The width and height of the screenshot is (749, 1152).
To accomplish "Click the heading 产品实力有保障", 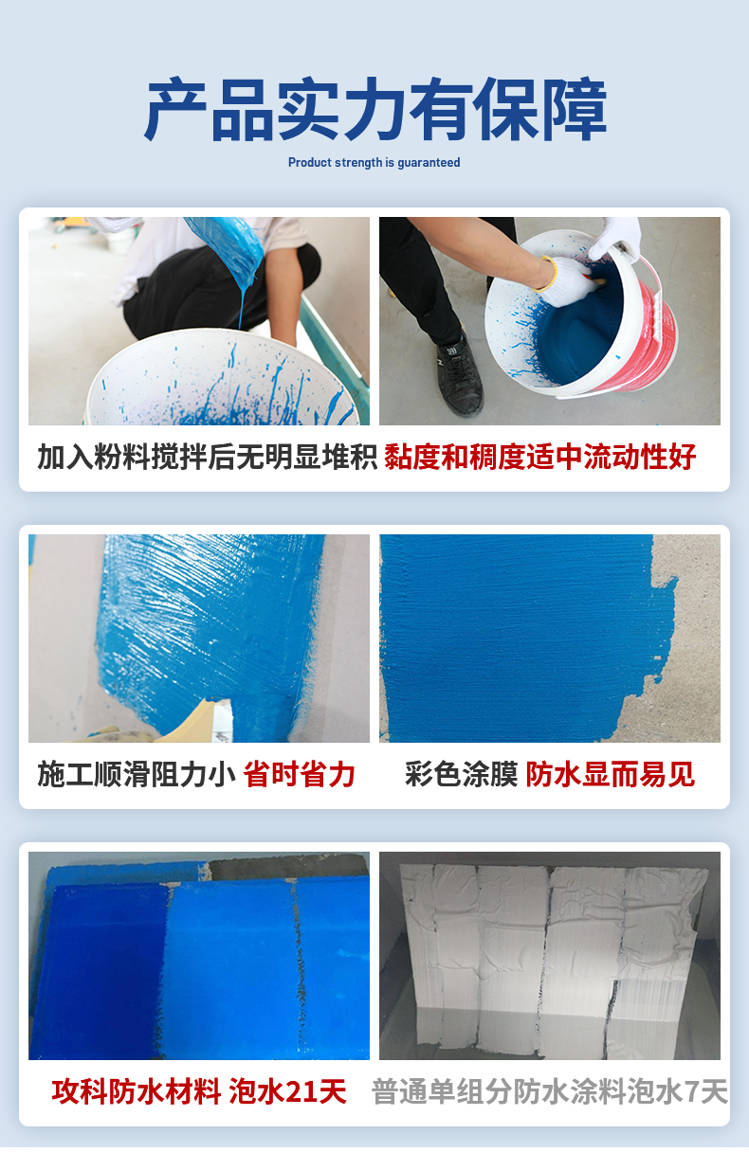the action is (x=374, y=109).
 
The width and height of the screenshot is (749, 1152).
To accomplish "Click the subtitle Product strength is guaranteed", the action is (x=374, y=163).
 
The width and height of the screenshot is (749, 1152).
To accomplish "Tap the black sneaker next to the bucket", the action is (x=459, y=374).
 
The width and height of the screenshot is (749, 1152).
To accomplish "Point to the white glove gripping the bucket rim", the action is (x=614, y=238).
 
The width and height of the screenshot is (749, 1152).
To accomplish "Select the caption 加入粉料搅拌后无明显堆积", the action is (x=208, y=457).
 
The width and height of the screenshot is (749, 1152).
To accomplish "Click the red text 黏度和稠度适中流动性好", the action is (x=540, y=457).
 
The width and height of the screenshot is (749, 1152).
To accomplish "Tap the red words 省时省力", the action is (x=299, y=775).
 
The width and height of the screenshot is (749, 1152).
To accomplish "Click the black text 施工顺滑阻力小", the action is (x=137, y=775).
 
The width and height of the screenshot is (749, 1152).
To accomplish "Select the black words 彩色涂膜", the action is (x=461, y=775).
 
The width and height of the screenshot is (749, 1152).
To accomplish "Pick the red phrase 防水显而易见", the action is (x=610, y=775).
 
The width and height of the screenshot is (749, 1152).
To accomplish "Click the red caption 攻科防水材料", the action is (x=137, y=1091).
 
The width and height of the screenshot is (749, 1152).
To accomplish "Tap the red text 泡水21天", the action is (x=287, y=1091).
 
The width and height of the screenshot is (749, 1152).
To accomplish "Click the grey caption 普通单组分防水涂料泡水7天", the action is (x=550, y=1091).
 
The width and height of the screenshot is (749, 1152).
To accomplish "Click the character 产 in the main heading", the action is (x=175, y=109).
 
